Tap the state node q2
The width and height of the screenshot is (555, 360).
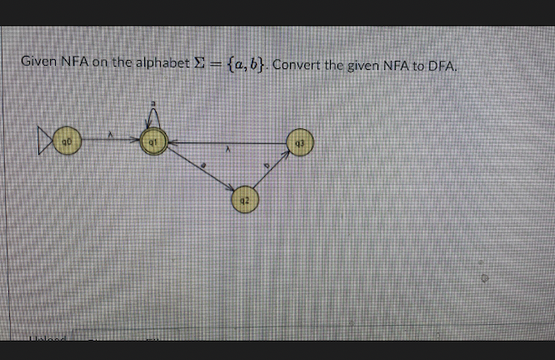pyautogui.click(x=243, y=200)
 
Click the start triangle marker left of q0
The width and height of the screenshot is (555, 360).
pyautogui.click(x=43, y=142)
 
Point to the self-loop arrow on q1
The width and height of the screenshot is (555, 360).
pyautogui.click(x=152, y=119)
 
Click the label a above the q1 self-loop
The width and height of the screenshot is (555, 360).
pyautogui.click(x=152, y=104)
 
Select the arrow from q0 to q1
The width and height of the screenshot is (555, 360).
pyautogui.click(x=107, y=142)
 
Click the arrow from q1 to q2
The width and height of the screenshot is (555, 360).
pyautogui.click(x=198, y=172)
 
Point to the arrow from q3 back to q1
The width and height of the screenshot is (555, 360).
pyautogui.click(x=225, y=142)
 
